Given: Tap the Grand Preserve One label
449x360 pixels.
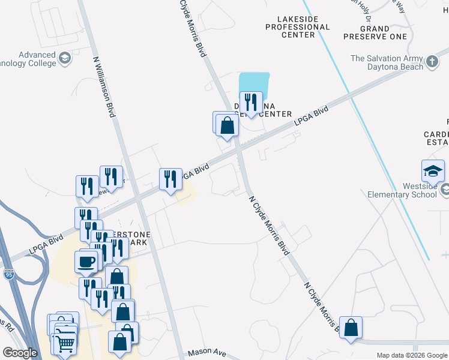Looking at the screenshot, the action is point(375,32).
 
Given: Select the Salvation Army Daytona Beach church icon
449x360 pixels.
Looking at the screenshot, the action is point(432,62).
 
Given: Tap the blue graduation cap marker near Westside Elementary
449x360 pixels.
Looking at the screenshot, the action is point(433,172).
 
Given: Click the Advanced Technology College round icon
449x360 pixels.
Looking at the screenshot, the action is point(64,59).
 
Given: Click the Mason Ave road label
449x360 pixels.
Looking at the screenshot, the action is point(206,353).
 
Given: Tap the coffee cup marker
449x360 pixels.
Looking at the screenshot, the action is point(85,262).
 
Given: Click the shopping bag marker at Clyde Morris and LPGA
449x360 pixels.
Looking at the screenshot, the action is point(228,125).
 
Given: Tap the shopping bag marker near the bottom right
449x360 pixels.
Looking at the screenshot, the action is point(351,328).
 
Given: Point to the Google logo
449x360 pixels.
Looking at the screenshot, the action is point(19,353).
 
